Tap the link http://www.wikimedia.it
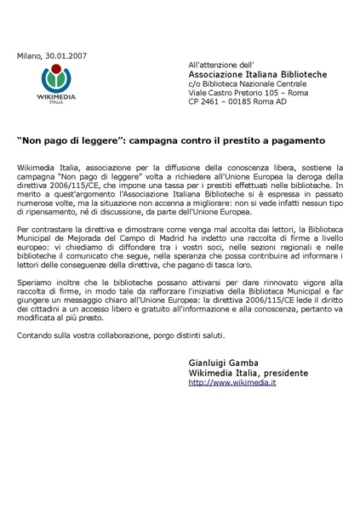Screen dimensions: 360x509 (226, 383)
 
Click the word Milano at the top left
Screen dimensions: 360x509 (28, 56)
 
